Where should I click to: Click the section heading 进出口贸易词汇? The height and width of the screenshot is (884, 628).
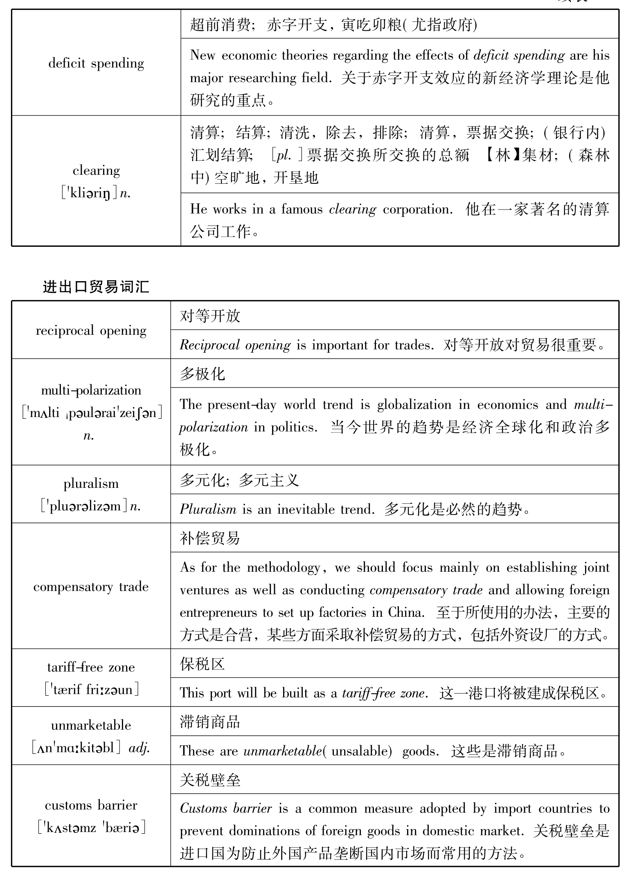pos(96,287)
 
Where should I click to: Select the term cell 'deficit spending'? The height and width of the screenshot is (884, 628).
pos(96,63)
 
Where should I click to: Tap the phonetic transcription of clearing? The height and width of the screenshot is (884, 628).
pos(96,193)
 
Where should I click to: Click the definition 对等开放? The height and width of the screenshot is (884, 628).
pos(210,316)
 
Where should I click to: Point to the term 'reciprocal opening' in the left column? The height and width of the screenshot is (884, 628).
pos(91,330)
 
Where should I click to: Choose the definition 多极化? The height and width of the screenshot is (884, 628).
pos(203,373)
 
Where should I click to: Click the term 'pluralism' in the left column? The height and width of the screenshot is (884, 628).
pos(91,484)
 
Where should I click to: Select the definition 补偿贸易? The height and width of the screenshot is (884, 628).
pos(210,538)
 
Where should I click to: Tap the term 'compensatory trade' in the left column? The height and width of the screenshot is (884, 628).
pos(91,587)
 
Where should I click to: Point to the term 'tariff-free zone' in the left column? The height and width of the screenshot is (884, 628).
pos(91,668)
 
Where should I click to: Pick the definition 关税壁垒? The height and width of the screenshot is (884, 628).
pos(210,780)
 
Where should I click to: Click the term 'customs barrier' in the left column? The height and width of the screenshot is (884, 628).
pos(91,805)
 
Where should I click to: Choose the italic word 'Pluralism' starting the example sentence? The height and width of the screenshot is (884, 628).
pos(208,509)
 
